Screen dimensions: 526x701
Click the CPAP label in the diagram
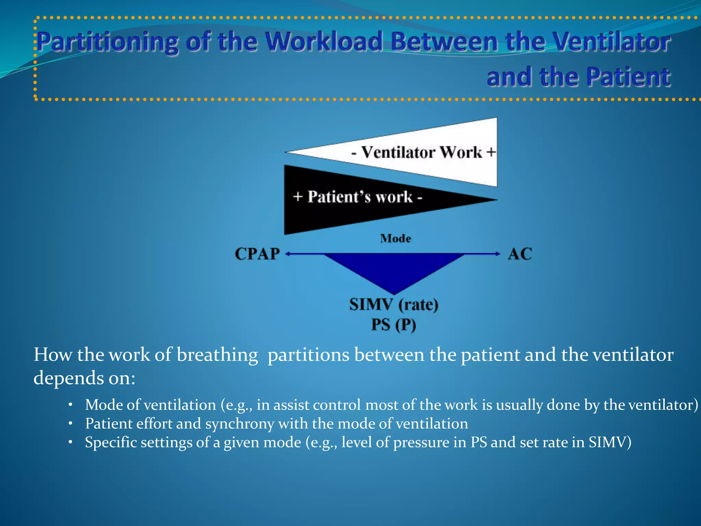tap(257, 254)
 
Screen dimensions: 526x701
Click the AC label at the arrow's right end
tap(520, 254)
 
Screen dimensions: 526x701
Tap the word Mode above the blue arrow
tap(395, 238)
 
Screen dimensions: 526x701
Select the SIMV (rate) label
tap(394, 304)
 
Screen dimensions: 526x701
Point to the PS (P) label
tap(394, 325)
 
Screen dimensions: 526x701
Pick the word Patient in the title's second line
tap(628, 77)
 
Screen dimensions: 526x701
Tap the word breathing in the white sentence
tap(217, 355)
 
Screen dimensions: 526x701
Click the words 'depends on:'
tap(84, 378)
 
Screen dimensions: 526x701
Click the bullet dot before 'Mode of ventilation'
tap(70, 405)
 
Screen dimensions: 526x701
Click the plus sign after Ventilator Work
tap(491, 152)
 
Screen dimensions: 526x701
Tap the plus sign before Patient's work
tap(298, 197)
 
